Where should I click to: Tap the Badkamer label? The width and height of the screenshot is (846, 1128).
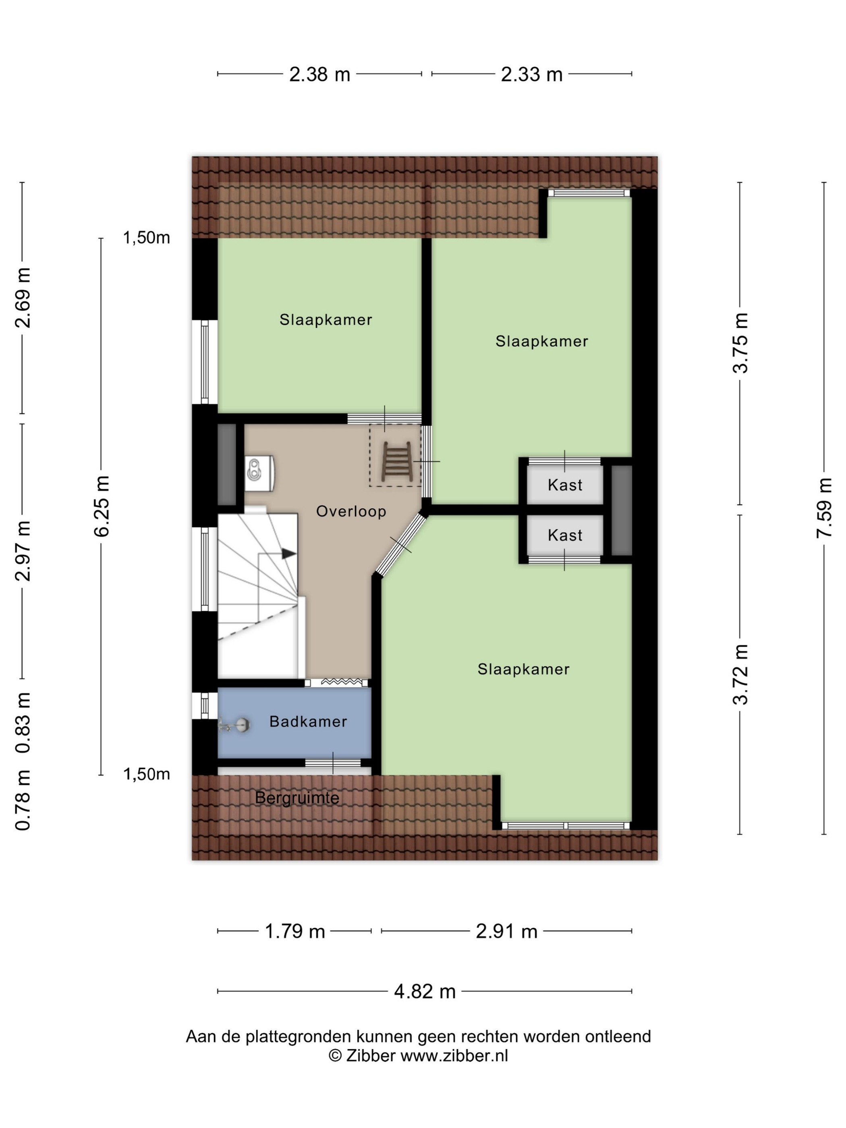[x=308, y=721]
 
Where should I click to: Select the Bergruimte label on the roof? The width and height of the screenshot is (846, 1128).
[x=297, y=798]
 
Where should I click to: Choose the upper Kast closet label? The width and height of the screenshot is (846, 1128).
[x=564, y=485]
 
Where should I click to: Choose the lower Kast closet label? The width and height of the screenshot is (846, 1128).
[x=564, y=535]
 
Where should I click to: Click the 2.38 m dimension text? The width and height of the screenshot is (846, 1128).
[x=320, y=75]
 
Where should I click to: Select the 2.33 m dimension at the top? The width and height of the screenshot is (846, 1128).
[x=531, y=75]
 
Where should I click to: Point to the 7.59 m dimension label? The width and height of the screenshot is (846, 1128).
[x=824, y=508]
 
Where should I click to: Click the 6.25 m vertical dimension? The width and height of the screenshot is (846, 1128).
[x=102, y=506]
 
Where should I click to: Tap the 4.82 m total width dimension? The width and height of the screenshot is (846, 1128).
[x=425, y=991]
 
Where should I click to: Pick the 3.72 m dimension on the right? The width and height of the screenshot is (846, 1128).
[x=740, y=674]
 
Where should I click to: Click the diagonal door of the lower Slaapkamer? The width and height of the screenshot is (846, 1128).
[x=401, y=544]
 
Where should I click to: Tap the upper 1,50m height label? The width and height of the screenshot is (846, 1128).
[x=146, y=238]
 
